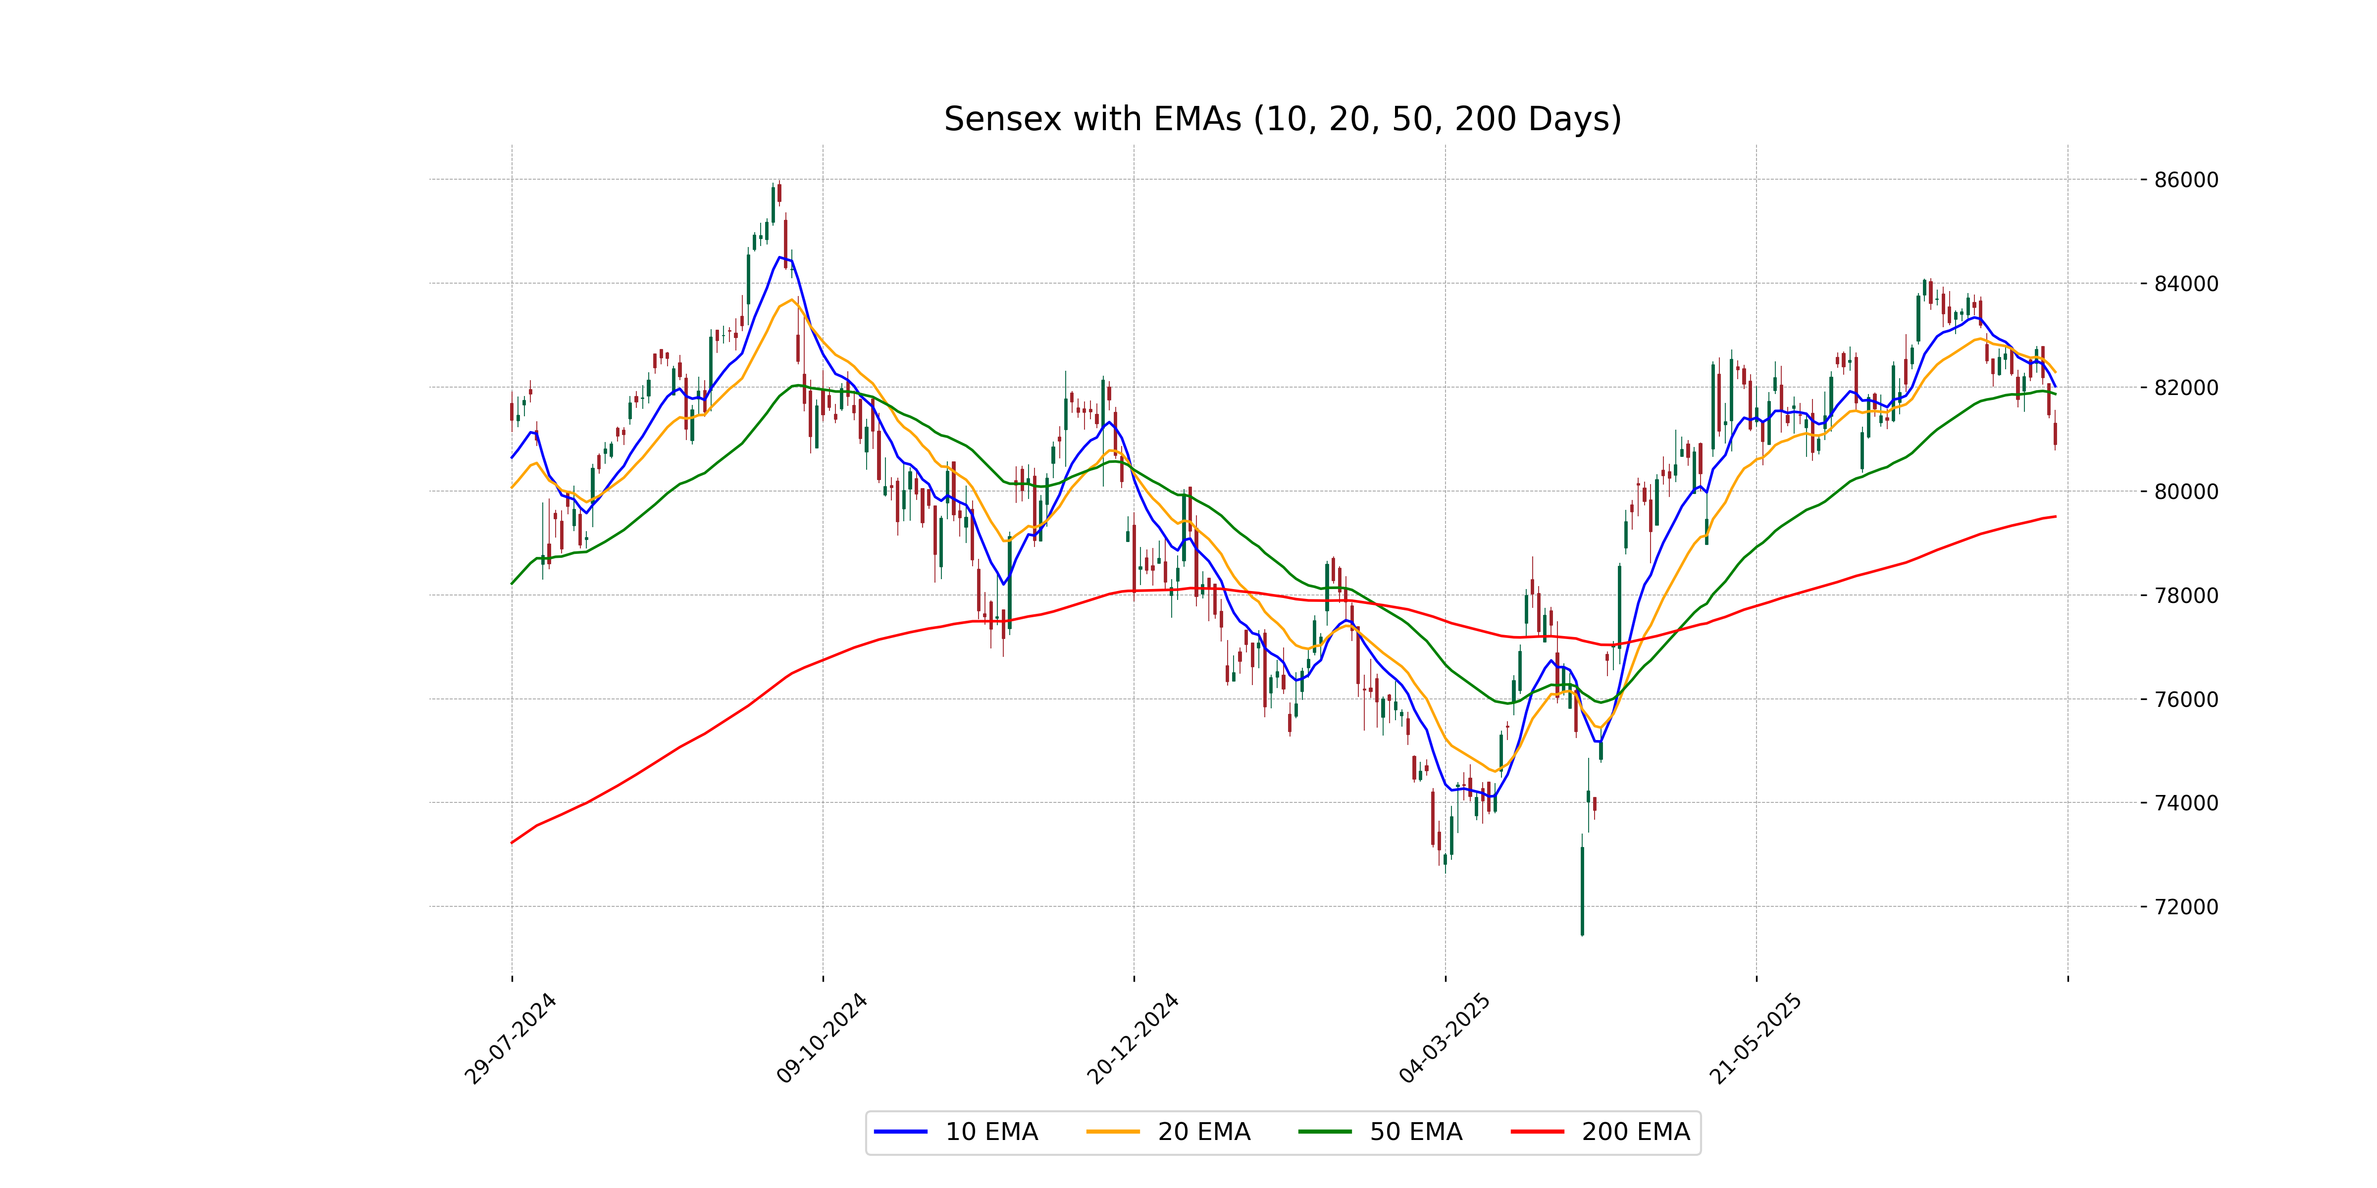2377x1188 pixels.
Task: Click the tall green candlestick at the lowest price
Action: pos(1583,890)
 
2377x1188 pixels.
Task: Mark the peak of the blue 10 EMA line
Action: pos(780,257)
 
